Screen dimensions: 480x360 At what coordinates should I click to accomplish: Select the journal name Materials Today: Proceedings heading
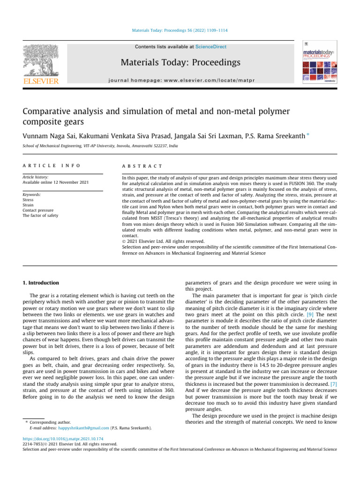click(180, 62)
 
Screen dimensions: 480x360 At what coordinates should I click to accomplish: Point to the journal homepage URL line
click(180, 80)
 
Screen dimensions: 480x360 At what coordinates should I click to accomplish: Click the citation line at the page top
click(180, 31)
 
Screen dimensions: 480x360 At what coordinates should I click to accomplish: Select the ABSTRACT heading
click(142, 166)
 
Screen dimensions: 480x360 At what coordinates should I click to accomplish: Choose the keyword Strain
click(29, 205)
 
